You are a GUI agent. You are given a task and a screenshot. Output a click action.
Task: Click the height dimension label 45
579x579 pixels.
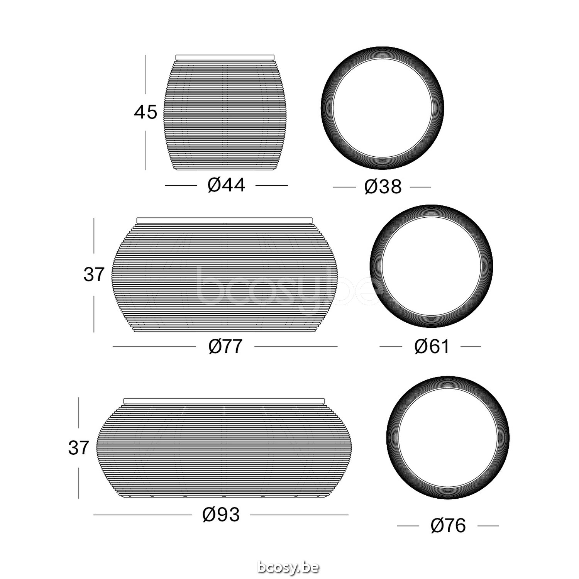146,112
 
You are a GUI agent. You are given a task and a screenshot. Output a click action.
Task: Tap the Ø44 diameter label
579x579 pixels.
226,185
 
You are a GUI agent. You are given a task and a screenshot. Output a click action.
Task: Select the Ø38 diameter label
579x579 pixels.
383,187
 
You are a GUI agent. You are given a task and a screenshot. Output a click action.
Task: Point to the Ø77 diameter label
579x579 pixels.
225,346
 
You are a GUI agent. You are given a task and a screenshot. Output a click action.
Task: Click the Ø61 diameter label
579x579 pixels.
432,346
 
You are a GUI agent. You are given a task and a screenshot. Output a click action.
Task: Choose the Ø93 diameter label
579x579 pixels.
221,514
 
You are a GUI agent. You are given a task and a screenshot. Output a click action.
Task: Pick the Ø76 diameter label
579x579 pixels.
448,525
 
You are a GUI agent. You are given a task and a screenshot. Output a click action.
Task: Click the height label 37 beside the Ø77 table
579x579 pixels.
94,274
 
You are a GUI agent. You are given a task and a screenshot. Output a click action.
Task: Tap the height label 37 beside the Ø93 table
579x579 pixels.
78,448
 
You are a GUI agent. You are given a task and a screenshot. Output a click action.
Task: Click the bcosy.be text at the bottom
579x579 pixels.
288,567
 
